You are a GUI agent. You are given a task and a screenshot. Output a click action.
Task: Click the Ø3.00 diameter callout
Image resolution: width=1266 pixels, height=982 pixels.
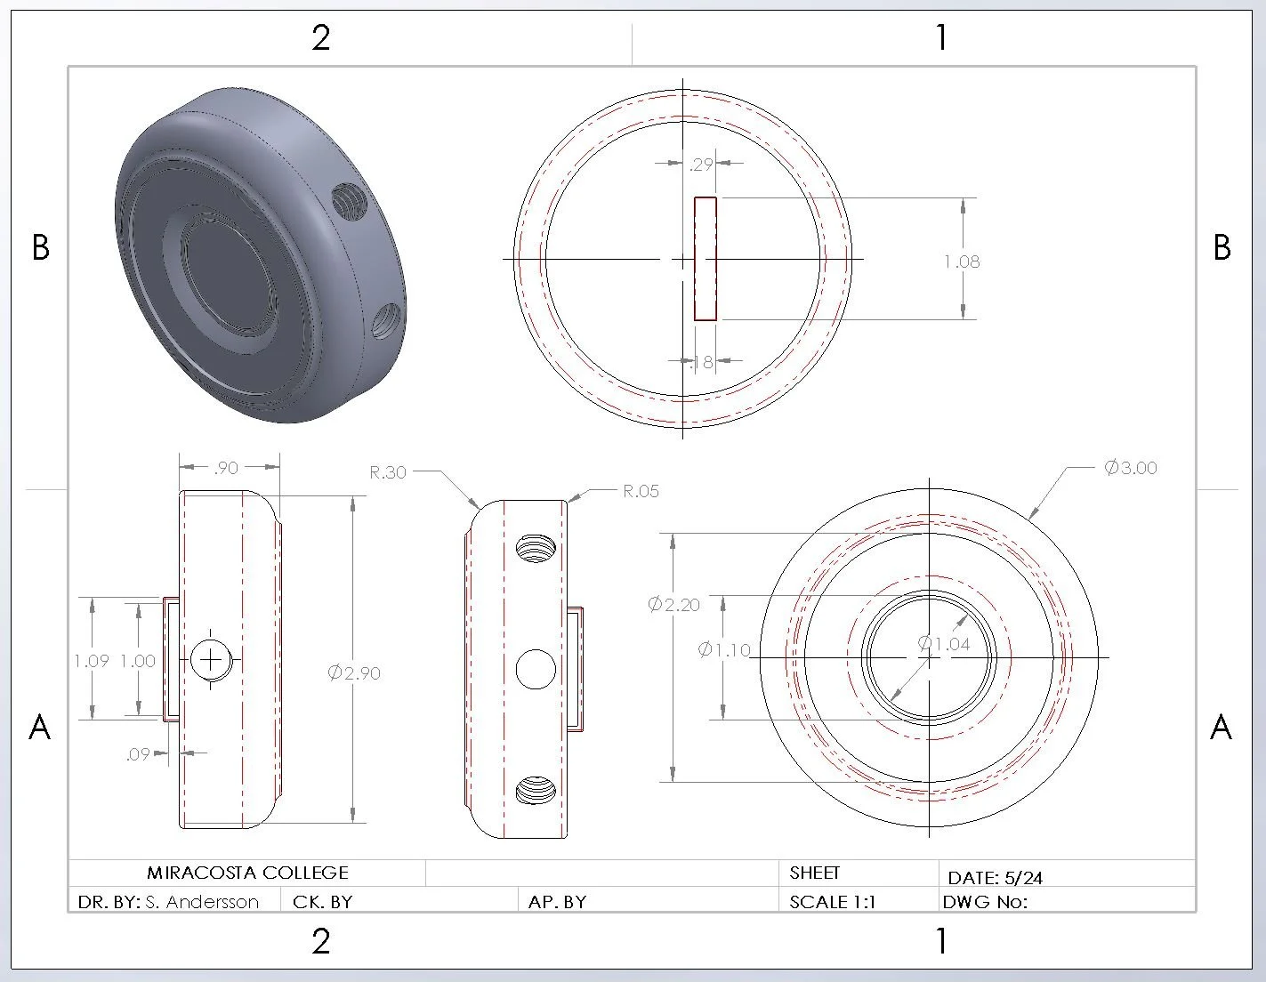pos(1130,468)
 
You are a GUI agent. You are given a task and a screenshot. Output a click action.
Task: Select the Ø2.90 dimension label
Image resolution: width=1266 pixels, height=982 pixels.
pos(353,673)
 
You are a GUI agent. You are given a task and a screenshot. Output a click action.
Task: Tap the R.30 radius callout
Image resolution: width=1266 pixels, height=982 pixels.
pos(388,472)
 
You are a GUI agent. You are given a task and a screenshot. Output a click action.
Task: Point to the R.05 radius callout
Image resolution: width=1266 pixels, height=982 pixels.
pos(641,491)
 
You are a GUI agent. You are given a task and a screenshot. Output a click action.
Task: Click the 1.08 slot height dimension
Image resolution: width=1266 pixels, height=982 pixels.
pos(962,262)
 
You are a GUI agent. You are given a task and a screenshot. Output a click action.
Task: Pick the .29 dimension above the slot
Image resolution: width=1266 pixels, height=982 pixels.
pos(702,164)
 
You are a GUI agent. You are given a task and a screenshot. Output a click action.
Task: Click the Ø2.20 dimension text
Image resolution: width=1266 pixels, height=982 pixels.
pos(673,605)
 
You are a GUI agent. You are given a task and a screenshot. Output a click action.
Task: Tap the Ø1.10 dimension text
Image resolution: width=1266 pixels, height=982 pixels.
pos(724,650)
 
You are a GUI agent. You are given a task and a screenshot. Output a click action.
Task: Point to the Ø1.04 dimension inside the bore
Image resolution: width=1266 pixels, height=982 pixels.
pos(944,644)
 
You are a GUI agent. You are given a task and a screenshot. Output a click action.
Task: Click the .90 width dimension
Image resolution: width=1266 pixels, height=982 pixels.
pos(226,468)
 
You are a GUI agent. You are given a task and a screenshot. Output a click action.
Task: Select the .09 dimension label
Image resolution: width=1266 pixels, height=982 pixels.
pos(137,754)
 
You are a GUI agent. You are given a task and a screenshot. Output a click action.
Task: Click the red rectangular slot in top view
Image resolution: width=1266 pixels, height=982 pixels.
pos(706,259)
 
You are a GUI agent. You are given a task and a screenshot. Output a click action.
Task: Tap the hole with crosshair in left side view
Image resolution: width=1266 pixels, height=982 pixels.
pos(211,659)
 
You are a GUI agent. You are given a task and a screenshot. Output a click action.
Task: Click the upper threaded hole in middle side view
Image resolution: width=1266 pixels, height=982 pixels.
pos(535,548)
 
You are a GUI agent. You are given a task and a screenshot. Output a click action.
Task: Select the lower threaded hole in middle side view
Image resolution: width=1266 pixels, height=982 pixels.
pos(535,789)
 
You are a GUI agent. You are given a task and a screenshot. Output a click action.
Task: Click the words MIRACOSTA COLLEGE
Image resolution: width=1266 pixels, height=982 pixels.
pos(247,873)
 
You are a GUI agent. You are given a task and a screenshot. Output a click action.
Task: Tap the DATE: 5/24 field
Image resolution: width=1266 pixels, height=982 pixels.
pos(995,878)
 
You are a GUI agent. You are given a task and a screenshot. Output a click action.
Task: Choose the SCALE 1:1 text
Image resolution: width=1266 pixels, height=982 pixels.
pos(832,902)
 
